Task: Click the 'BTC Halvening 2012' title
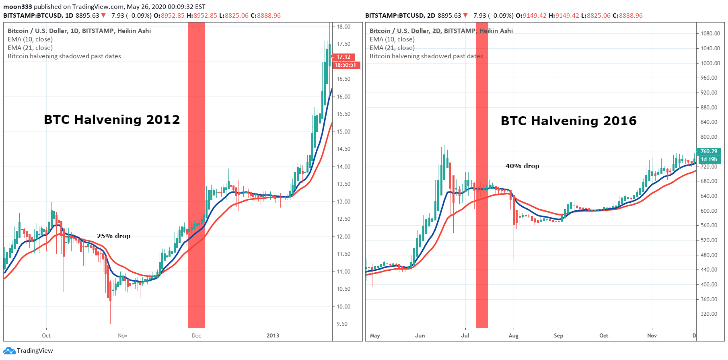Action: click(112, 119)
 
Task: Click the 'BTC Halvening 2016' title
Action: click(568, 121)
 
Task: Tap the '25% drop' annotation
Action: click(113, 236)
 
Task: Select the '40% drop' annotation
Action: click(522, 166)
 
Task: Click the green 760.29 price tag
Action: click(709, 152)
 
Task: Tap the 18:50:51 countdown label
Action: click(345, 65)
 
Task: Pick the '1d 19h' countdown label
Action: click(709, 160)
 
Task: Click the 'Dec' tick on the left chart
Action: click(196, 335)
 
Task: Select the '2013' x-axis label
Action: click(273, 335)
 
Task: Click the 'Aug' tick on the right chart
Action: click(514, 335)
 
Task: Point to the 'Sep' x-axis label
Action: click(558, 335)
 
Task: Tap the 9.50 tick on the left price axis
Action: click(342, 324)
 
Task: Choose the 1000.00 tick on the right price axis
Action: click(710, 63)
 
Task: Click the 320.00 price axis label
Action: click(709, 314)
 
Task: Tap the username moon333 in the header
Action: click(18, 7)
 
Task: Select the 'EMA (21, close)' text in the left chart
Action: click(30, 47)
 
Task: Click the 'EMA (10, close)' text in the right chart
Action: click(392, 39)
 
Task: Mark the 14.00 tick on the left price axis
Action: click(343, 167)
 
